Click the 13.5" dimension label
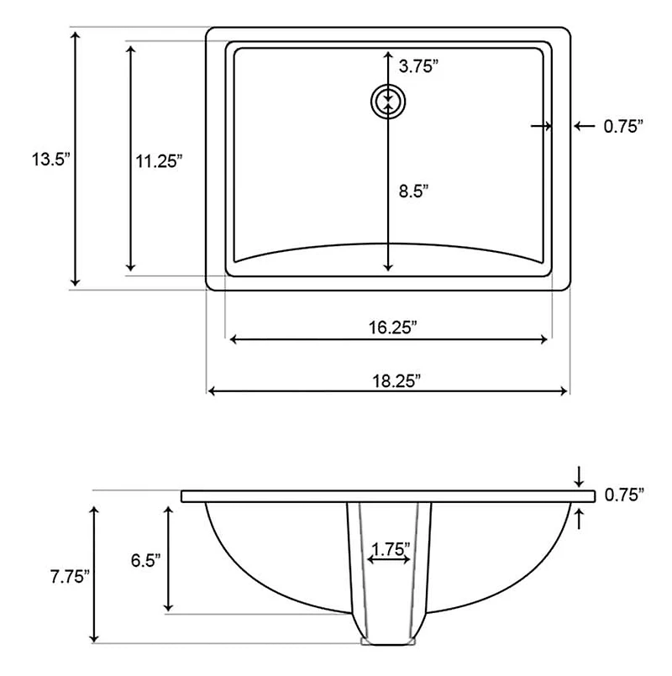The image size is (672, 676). point(50,160)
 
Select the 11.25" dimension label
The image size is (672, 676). point(159,161)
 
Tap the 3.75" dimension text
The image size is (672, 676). point(419,66)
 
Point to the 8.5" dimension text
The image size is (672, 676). point(413,191)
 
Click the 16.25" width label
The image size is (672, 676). point(392,328)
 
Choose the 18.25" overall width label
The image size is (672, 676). point(396,381)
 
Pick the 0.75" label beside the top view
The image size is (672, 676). point(623,126)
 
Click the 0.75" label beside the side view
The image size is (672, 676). point(624,495)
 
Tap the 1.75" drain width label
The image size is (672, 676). point(391,549)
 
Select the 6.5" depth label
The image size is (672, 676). point(146,560)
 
